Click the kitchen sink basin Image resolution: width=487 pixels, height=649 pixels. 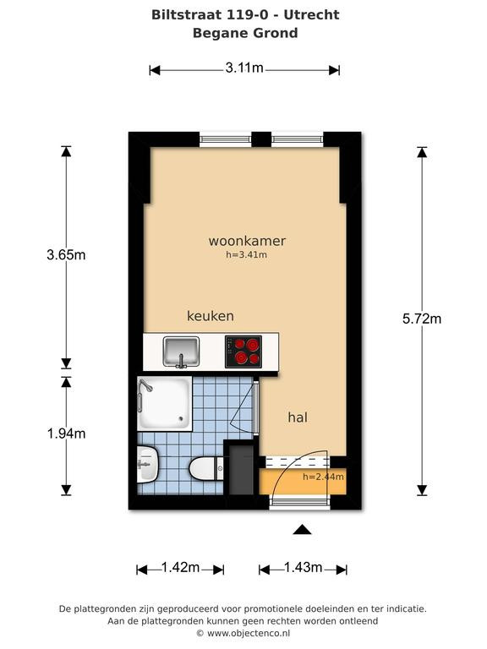pyautogui.click(x=181, y=352)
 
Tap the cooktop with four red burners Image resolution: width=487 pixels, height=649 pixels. pyautogui.click(x=243, y=352)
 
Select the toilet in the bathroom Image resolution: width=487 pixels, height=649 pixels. pyautogui.click(x=206, y=468)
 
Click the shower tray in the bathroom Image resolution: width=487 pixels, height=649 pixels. pyautogui.click(x=165, y=404)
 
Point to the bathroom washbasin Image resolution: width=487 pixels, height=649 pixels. pyautogui.click(x=147, y=464)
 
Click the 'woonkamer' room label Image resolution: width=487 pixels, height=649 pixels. pyautogui.click(x=247, y=241)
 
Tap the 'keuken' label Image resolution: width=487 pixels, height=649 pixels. pyautogui.click(x=211, y=316)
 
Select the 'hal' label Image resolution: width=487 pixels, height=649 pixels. pyautogui.click(x=298, y=417)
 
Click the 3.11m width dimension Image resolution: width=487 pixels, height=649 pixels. pyautogui.click(x=244, y=68)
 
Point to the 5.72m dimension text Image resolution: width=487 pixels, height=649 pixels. pyautogui.click(x=422, y=319)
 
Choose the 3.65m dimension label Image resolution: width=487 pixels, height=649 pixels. pyautogui.click(x=66, y=254)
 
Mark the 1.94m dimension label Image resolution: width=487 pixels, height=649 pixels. pyautogui.click(x=66, y=434)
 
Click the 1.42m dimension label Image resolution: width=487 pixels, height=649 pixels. pyautogui.click(x=181, y=567)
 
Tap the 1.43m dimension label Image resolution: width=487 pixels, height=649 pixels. pyautogui.click(x=304, y=567)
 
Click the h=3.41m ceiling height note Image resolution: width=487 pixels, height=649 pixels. pyautogui.click(x=246, y=254)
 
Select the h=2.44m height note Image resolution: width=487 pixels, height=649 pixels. pyautogui.click(x=324, y=477)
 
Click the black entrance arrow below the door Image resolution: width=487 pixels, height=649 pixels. pyautogui.click(x=302, y=530)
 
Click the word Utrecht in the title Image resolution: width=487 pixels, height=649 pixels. pyautogui.click(x=312, y=15)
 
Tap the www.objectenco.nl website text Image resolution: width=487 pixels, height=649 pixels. pyautogui.click(x=249, y=633)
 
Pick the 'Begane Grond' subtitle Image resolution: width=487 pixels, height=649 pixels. pyautogui.click(x=245, y=33)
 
